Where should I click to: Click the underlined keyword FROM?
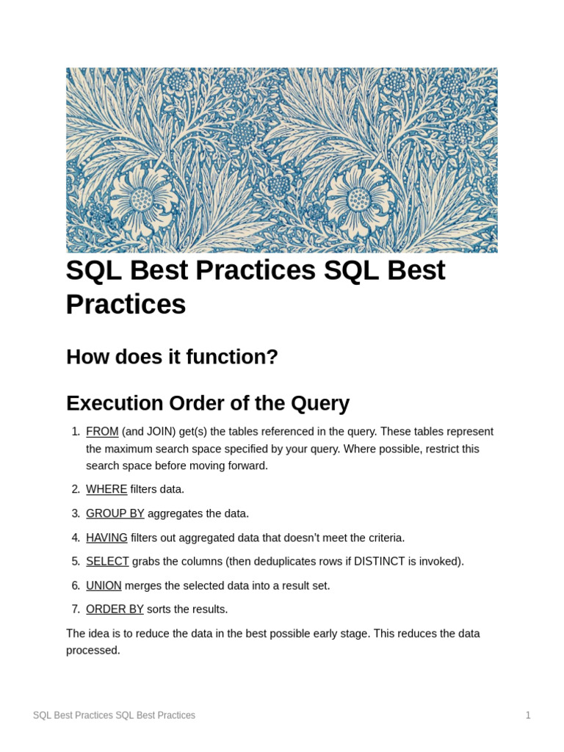click(x=102, y=432)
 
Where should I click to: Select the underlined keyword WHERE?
click(x=106, y=489)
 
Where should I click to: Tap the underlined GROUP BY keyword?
click(x=115, y=513)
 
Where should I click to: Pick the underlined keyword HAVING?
click(x=106, y=538)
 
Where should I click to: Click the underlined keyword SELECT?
click(x=107, y=562)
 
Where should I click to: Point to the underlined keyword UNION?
click(x=104, y=586)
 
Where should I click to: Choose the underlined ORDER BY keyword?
click(x=115, y=610)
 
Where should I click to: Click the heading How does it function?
click(x=172, y=357)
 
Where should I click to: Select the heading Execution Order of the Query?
click(x=208, y=403)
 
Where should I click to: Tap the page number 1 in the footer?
click(x=528, y=715)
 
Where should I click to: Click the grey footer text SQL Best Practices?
click(x=114, y=715)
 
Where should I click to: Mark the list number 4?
click(x=76, y=538)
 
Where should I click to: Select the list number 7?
click(x=76, y=610)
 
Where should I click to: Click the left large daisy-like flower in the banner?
click(x=142, y=199)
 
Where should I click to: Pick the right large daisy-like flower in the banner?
click(x=358, y=199)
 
